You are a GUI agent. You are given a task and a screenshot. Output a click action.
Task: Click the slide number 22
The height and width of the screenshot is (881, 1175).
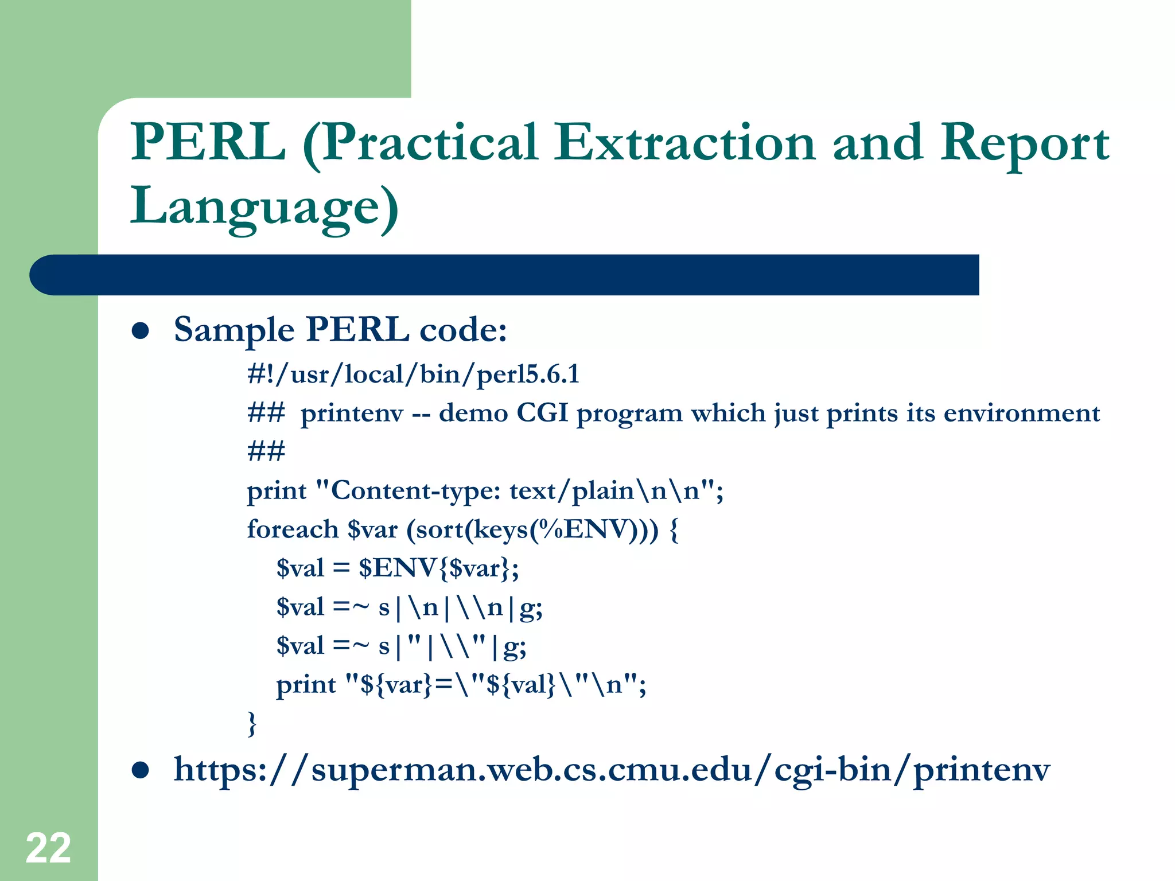pyautogui.click(x=48, y=848)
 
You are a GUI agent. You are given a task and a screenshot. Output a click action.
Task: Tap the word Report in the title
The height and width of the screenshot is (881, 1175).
pyautogui.click(x=1025, y=143)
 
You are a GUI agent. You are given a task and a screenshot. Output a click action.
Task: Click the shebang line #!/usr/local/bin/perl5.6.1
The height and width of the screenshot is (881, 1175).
pyautogui.click(x=413, y=375)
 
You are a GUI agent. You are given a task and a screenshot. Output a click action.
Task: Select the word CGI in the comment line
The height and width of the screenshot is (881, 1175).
pyautogui.click(x=542, y=413)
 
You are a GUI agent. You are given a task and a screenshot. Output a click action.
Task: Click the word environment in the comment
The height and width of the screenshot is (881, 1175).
pyautogui.click(x=1021, y=413)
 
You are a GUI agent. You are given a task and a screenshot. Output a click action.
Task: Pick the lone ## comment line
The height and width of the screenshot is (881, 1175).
pyautogui.click(x=266, y=451)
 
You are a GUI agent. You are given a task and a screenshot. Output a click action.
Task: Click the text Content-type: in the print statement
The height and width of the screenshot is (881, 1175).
pyautogui.click(x=416, y=491)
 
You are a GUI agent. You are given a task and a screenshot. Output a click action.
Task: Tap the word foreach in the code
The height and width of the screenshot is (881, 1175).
pyautogui.click(x=293, y=529)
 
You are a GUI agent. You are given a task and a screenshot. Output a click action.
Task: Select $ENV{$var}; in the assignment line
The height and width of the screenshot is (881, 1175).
pyautogui.click(x=439, y=568)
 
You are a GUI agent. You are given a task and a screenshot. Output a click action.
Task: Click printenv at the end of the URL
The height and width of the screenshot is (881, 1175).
pyautogui.click(x=981, y=770)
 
